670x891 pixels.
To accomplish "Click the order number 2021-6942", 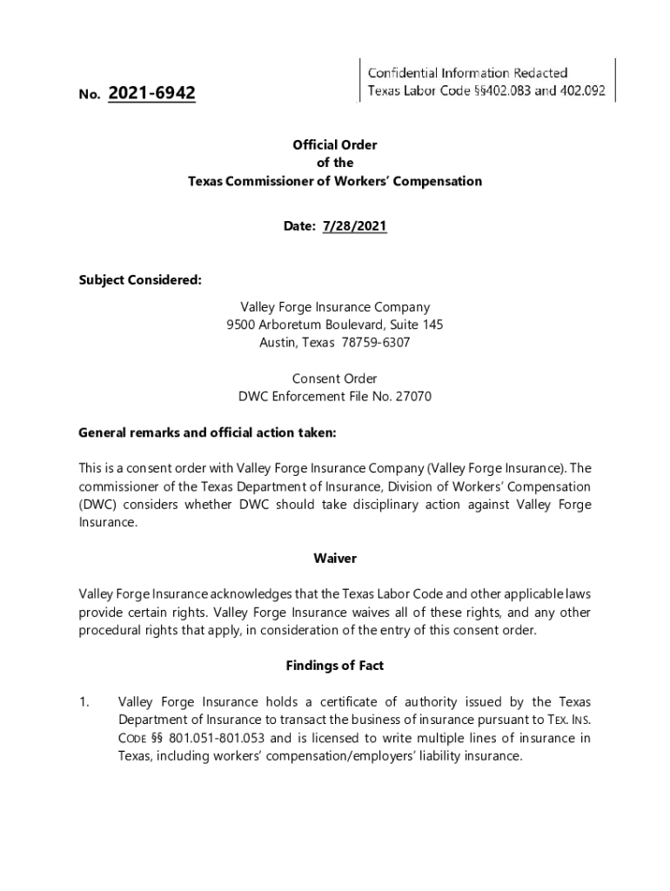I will coord(152,93).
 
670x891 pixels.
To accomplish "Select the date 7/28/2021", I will coord(354,226).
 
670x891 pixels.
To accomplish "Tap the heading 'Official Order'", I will coord(335,144).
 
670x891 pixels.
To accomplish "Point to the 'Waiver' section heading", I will coord(335,558).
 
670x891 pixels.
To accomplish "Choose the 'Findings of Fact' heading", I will coord(335,666).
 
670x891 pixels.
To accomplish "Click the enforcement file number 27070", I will coord(413,397).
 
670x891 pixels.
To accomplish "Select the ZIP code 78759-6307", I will coord(374,343).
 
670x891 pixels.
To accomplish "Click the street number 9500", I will coord(241,325).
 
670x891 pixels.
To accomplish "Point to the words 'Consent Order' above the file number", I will coord(335,379).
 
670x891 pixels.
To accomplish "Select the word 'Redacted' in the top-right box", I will coord(539,72).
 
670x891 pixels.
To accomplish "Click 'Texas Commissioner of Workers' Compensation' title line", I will coord(335,182).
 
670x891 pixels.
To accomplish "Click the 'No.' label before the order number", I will coord(90,94).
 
